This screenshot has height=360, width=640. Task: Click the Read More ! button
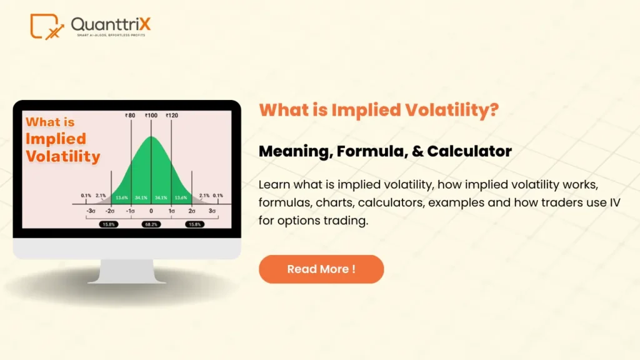tap(321, 269)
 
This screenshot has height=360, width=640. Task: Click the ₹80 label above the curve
tap(131, 116)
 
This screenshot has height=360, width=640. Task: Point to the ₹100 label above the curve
tap(151, 116)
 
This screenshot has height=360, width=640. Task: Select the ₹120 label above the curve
tap(172, 116)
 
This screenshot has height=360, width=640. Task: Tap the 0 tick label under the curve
tap(151, 211)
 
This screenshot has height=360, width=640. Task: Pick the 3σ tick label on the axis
tap(212, 211)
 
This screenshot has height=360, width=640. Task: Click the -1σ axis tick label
tap(131, 211)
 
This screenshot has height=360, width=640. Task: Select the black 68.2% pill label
tap(151, 223)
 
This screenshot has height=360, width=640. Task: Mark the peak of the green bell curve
tap(151, 137)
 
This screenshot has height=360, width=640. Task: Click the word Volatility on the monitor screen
tap(62, 156)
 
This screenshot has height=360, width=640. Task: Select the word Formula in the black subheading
tap(367, 151)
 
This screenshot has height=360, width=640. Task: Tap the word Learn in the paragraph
tap(272, 186)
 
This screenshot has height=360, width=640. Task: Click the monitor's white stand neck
tap(127, 271)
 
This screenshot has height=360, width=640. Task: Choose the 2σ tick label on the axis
tap(192, 211)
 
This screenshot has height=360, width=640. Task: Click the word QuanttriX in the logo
tap(111, 24)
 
